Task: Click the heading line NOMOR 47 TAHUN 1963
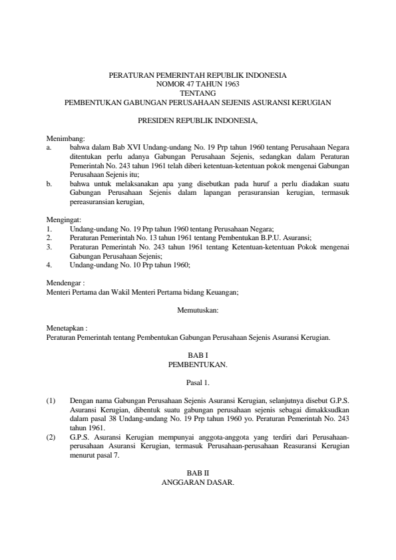(x=198, y=85)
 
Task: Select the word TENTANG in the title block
(x=198, y=94)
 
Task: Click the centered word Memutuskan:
(x=198, y=309)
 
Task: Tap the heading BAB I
(x=198, y=356)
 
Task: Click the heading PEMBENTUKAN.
(x=198, y=365)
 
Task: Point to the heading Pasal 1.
(x=198, y=383)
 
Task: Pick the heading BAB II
(x=198, y=472)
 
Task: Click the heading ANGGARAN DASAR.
(x=198, y=481)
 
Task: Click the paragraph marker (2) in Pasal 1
(x=51, y=437)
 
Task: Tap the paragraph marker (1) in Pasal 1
(x=51, y=401)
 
